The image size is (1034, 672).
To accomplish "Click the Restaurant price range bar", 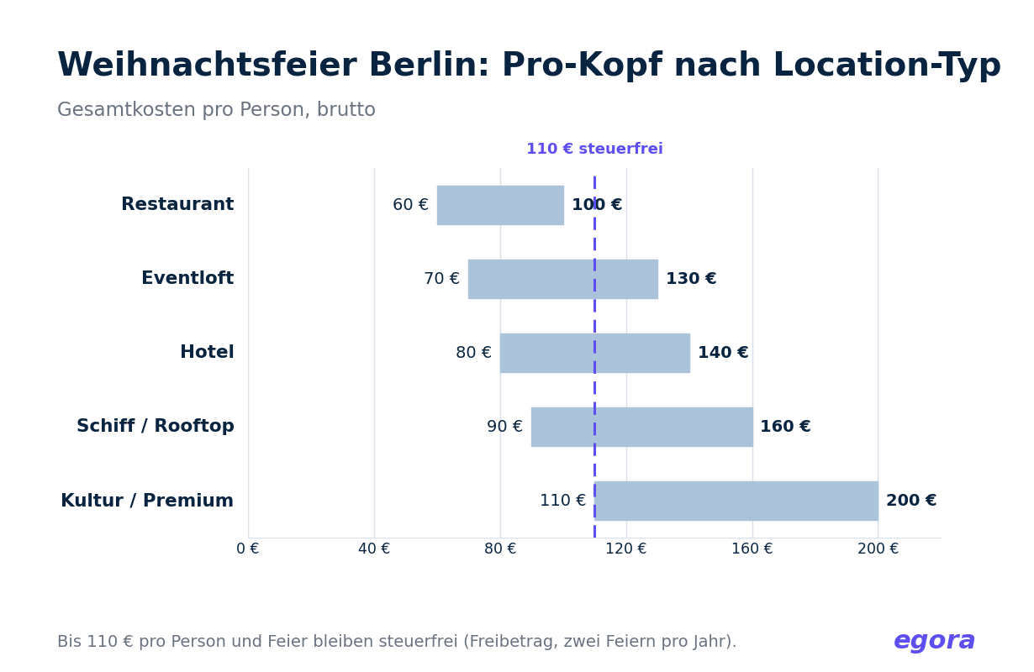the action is (500, 205).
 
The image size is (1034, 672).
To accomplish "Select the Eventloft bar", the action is (563, 279).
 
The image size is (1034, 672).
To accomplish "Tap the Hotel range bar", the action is (595, 353).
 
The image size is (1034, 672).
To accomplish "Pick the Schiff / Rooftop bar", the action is (642, 427).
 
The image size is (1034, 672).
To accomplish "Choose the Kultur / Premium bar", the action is (736, 501).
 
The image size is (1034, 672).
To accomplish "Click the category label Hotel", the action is (207, 352).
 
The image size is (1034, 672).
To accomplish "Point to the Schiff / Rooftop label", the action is (155, 426).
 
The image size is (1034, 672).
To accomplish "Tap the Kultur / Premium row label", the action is (147, 501).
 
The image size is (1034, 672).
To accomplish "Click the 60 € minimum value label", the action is (410, 204).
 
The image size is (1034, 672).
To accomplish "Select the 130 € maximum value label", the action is (691, 278).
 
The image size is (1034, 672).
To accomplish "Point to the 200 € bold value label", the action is (911, 500).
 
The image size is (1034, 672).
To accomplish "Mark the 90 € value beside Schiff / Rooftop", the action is (504, 426).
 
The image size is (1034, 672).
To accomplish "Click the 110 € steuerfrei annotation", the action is (594, 149).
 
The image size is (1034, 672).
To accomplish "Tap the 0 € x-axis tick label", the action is (248, 549).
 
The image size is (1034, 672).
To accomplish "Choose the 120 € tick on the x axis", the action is (626, 549).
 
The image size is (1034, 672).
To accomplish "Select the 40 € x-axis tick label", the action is (374, 549).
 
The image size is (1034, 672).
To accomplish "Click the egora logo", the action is (934, 641).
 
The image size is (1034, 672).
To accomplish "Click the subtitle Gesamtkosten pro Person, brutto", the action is (216, 110).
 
